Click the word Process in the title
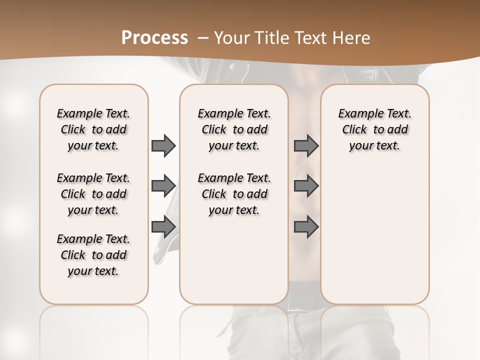point(154,37)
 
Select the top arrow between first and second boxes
point(163,145)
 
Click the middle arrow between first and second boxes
point(163,186)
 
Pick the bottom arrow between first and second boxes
point(163,227)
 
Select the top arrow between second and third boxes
point(306,145)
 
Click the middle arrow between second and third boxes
point(306,186)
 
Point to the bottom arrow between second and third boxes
point(306,227)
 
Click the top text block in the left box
point(93,129)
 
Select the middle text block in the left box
point(93,194)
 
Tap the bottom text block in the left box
point(93,255)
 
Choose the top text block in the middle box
point(234,129)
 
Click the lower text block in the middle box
point(234,194)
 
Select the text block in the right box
point(374,129)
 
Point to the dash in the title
point(203,38)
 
